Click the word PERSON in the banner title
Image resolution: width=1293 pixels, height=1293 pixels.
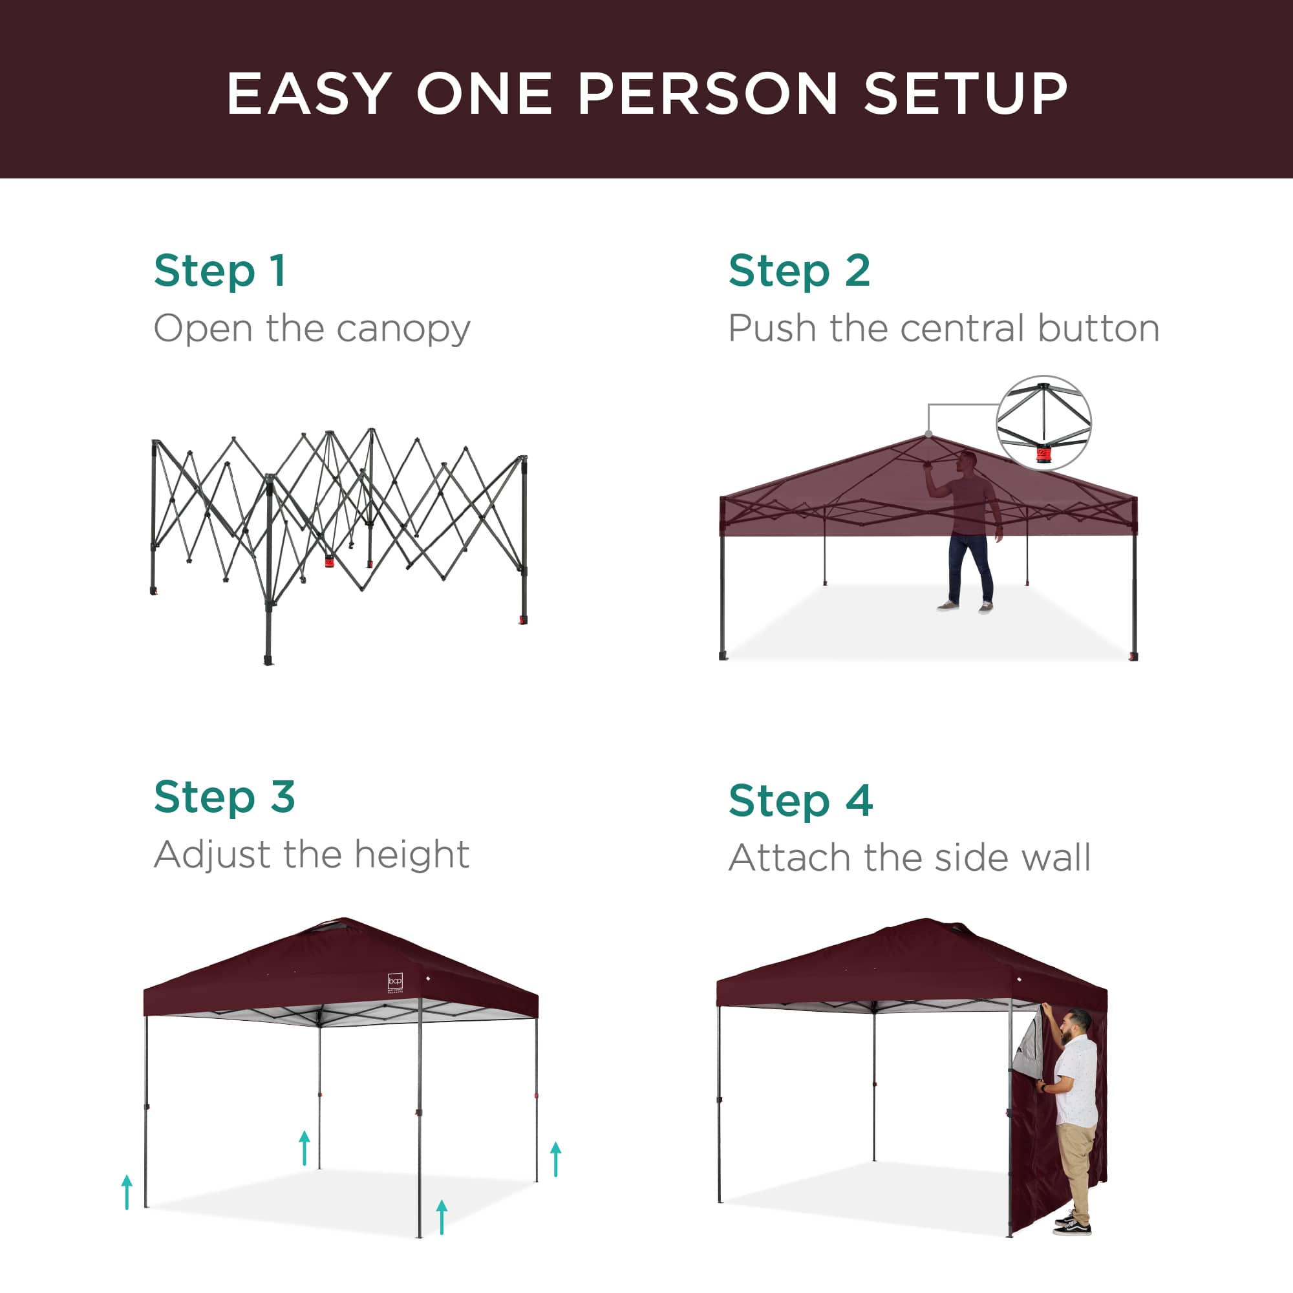tap(707, 94)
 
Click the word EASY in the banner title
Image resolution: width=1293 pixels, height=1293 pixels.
tap(309, 94)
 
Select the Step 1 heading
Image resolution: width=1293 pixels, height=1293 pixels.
tap(220, 270)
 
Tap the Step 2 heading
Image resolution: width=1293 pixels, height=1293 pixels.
tap(799, 270)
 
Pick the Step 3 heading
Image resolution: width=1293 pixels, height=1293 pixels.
tap(224, 796)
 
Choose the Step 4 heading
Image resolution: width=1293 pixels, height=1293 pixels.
tap(800, 800)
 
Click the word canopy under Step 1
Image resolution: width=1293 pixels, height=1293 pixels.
tap(403, 329)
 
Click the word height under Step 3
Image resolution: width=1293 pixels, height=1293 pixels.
tap(412, 855)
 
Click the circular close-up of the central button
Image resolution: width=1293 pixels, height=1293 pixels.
tap(1043, 422)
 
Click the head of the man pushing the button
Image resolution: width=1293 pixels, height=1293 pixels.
tap(967, 461)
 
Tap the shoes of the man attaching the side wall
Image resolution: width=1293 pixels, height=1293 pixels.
tap(1073, 1225)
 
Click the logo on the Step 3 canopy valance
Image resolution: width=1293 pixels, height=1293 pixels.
tap(396, 982)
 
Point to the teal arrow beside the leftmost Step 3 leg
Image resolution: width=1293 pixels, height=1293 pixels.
tap(127, 1191)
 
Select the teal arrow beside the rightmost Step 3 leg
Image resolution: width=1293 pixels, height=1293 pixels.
tap(555, 1159)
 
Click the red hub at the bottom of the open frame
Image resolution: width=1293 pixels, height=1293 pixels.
tap(330, 561)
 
